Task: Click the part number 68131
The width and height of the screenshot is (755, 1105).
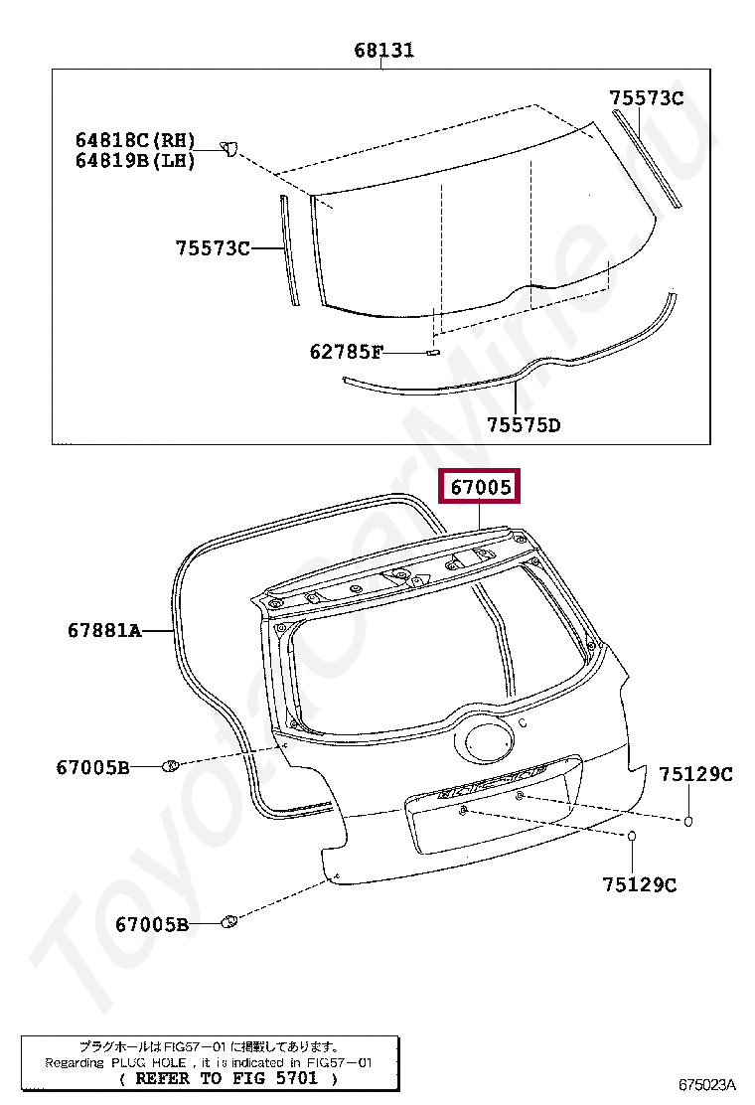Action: [x=383, y=50]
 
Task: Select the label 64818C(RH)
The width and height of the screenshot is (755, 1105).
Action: [x=135, y=139]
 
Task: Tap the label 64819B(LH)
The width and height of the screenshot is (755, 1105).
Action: [x=135, y=161]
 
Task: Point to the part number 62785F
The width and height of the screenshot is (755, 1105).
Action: [x=347, y=351]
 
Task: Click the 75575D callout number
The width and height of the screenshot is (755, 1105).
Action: [x=524, y=425]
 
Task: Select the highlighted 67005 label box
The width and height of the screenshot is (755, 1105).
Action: [x=480, y=486]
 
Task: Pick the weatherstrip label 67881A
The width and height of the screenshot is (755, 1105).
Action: [x=105, y=629]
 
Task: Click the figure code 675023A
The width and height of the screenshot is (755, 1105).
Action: [x=707, y=1084]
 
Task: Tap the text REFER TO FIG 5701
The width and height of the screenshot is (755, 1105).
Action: [x=227, y=1078]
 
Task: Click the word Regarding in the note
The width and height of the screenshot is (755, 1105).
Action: [x=75, y=1062]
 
